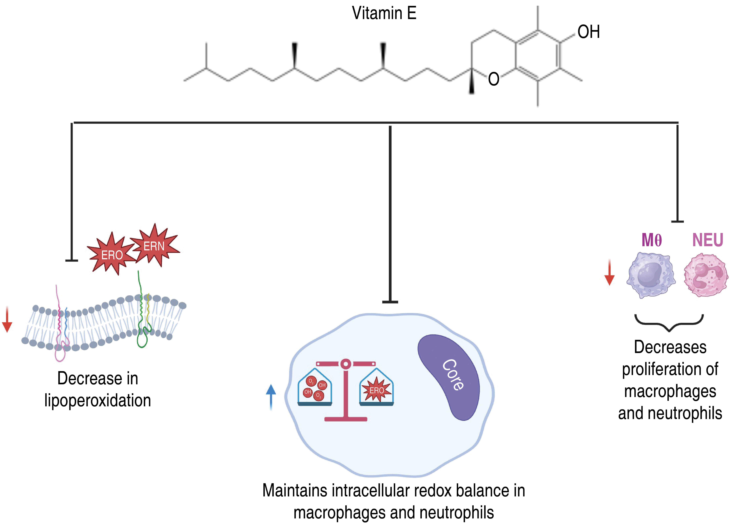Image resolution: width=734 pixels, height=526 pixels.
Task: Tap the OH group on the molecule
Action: coord(588,32)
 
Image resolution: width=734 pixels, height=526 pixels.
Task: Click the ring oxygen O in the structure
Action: coord(493,79)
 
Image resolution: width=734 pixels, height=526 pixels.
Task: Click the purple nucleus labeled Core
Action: coord(450,377)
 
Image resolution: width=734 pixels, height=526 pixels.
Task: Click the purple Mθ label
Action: coord(651,240)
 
